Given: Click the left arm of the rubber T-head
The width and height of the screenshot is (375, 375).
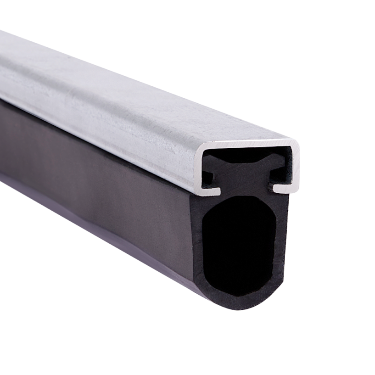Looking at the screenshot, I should (212, 161).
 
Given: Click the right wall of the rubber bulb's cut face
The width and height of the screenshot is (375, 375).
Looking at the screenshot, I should (282, 243).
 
